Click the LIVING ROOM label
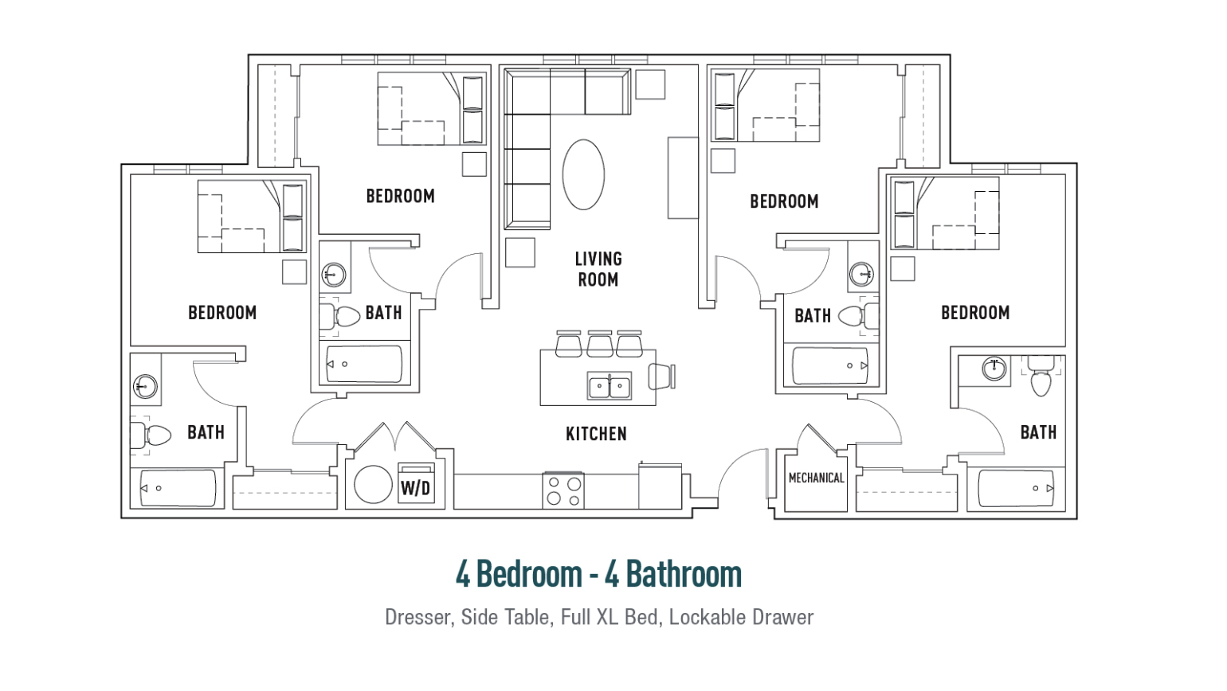click(598, 269)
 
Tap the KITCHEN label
click(596, 434)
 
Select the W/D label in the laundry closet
click(416, 487)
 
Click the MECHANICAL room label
click(816, 478)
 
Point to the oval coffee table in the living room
click(583, 174)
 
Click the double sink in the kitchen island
click(609, 385)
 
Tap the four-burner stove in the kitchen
click(563, 490)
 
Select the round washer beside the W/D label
click(373, 484)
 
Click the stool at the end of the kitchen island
click(661, 377)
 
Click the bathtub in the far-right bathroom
click(1016, 488)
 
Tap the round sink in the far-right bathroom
click(994, 369)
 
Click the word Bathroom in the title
click(684, 574)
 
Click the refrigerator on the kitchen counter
click(660, 486)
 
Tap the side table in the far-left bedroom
click(294, 272)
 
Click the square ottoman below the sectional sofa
click(519, 253)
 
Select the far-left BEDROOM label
click(222, 313)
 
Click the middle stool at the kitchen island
click(600, 344)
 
